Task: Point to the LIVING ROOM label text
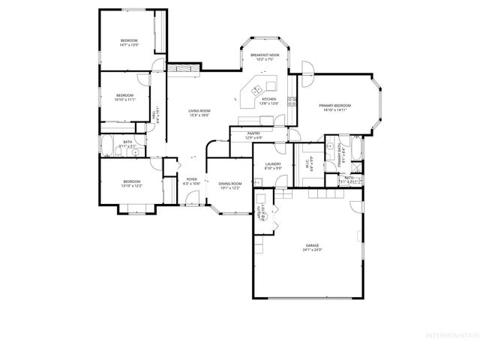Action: (199, 111)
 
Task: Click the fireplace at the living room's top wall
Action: (184, 70)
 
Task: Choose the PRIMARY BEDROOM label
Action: (334, 106)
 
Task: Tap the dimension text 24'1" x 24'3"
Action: (312, 250)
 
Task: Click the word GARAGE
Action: (312, 245)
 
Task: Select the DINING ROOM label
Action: (230, 183)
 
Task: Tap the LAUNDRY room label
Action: (273, 164)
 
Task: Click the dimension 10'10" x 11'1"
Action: (124, 99)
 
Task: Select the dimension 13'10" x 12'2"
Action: (131, 185)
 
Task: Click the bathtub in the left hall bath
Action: (106, 147)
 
